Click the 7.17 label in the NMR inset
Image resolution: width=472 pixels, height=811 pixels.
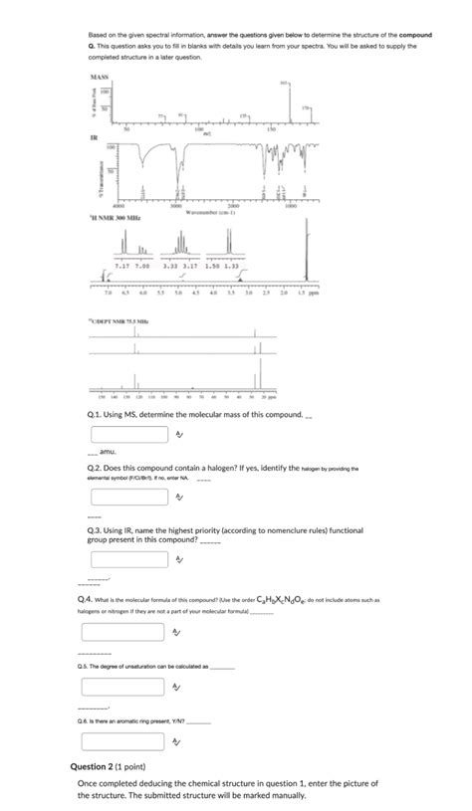(123, 267)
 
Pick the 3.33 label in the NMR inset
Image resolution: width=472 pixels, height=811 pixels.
(170, 267)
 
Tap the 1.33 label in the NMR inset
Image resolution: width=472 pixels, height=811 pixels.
(231, 267)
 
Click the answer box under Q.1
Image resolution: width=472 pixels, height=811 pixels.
(127, 434)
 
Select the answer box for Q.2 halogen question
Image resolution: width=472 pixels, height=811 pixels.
(127, 495)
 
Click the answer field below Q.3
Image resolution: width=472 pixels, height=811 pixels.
(127, 560)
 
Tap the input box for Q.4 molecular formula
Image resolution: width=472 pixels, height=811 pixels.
(127, 632)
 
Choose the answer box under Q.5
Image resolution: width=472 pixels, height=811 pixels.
(127, 687)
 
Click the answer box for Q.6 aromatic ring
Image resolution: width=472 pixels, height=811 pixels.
(127, 740)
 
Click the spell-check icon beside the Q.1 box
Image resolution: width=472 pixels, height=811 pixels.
(178, 434)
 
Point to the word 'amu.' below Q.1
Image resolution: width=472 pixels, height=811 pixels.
(102, 452)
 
